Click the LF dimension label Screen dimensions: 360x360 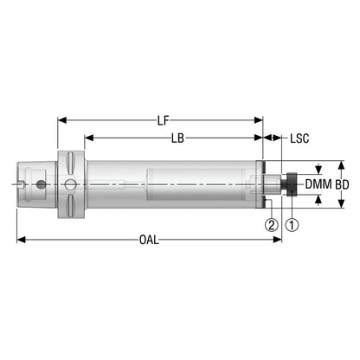163,121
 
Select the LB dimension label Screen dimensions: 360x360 177,138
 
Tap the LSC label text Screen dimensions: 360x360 299,138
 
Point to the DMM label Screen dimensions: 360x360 318,184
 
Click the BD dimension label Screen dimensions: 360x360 343,184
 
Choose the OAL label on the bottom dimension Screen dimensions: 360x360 149,240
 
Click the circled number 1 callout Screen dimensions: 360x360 292,225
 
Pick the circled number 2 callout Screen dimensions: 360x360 272,225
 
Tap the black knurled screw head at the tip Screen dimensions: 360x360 292,184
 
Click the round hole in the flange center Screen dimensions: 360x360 70,184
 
